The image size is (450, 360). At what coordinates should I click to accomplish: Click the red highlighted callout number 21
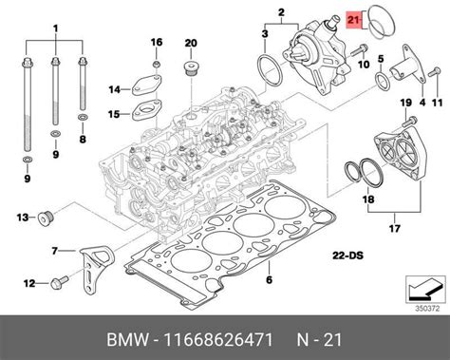[x=354, y=19]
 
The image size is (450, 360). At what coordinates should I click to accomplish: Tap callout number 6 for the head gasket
[x=269, y=279]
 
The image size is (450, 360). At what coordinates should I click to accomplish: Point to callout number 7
[x=56, y=251]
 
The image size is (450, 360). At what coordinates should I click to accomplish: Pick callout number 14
[x=113, y=90]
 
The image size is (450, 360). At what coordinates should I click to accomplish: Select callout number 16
[x=158, y=43]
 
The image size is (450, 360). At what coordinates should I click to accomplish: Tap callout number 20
[x=190, y=43]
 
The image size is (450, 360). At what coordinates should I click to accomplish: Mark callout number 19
[x=403, y=103]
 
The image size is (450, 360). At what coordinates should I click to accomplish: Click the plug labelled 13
[x=43, y=218]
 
